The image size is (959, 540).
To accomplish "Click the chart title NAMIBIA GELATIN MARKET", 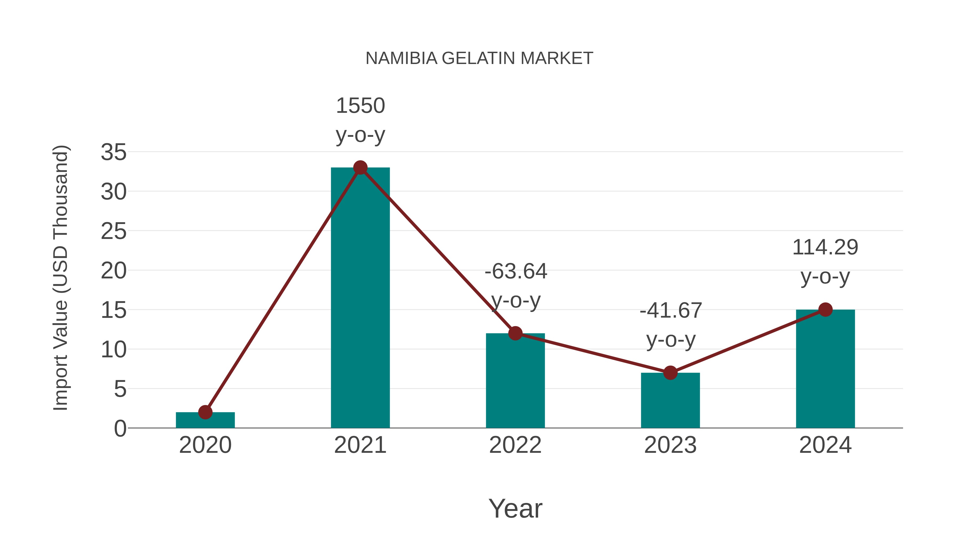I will (x=479, y=58).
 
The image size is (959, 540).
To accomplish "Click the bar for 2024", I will (x=825, y=369).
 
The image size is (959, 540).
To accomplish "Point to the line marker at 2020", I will (x=205, y=412).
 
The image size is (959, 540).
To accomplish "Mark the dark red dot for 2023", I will (x=670, y=373).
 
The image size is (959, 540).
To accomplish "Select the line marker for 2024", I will (x=825, y=309).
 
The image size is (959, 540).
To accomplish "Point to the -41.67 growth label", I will (x=671, y=325).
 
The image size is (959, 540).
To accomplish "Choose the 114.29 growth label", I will (x=825, y=262).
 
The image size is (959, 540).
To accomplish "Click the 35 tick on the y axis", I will (x=113, y=153).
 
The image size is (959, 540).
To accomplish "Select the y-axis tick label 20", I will (x=113, y=271).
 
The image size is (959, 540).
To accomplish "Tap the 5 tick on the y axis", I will (x=120, y=389).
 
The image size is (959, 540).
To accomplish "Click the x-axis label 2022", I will (x=515, y=445).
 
